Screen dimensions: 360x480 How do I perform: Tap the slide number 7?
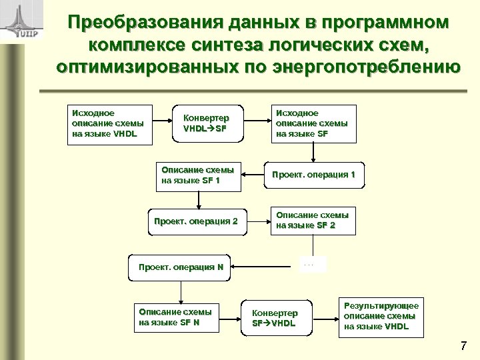click(x=464, y=346)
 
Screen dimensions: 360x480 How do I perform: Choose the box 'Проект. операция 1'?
click(x=317, y=175)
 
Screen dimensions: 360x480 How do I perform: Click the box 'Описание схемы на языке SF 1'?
click(x=198, y=175)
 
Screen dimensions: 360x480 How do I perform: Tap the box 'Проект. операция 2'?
click(x=196, y=221)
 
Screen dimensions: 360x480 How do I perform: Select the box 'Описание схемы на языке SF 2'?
click(x=312, y=220)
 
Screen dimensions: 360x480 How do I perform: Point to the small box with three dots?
click(x=309, y=265)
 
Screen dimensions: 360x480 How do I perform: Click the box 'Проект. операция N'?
click(x=180, y=267)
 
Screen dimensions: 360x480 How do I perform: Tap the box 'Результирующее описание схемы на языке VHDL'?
click(x=381, y=316)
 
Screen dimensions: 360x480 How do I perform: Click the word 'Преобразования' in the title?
click(x=151, y=23)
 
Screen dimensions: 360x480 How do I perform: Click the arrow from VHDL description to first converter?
click(x=163, y=123)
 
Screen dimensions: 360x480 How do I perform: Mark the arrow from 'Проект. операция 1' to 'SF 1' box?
click(x=254, y=175)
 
